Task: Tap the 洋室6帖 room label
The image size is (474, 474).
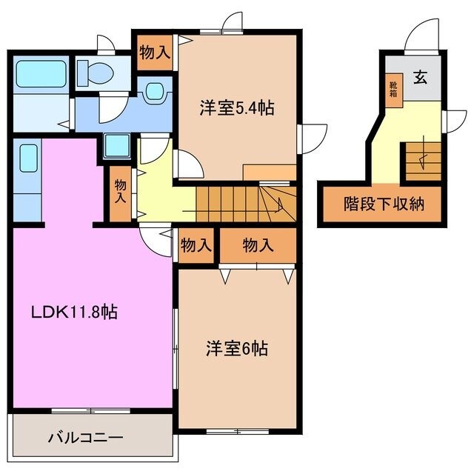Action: pyautogui.click(x=236, y=348)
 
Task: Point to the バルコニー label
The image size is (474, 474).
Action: pyautogui.click(x=86, y=437)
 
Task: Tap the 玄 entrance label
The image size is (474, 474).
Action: pyautogui.click(x=420, y=76)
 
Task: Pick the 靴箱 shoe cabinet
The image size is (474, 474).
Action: pyautogui.click(x=393, y=89)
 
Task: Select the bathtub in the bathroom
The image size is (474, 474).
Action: pyautogui.click(x=41, y=74)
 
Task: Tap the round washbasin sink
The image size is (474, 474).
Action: pyautogui.click(x=155, y=93)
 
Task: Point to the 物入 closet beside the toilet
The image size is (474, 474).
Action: pyautogui.click(x=156, y=53)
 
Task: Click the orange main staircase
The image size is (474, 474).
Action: pyautogui.click(x=244, y=203)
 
